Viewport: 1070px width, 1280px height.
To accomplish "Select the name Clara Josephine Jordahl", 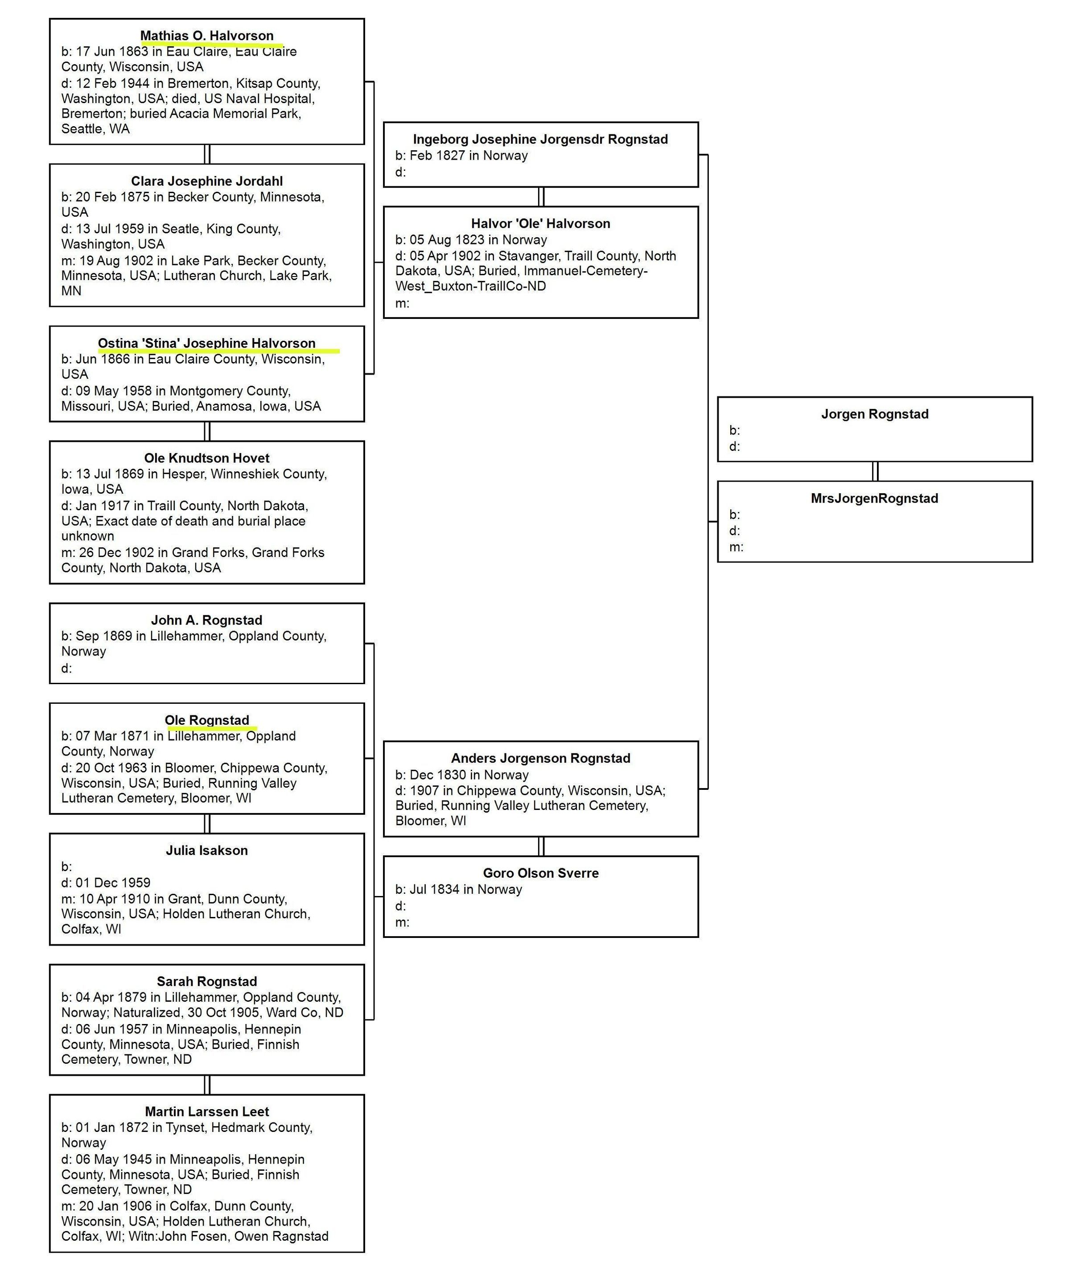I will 206,181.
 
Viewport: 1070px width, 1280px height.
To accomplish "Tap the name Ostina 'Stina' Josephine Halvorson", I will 206,343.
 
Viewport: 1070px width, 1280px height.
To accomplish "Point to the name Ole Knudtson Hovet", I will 206,458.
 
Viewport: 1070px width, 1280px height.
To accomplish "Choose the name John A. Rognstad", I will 206,620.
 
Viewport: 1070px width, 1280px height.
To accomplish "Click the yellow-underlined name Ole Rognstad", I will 206,720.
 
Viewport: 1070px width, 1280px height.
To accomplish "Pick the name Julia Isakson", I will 206,850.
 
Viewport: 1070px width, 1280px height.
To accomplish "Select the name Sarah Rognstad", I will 206,981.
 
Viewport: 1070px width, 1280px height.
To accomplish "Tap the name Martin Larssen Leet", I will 206,1111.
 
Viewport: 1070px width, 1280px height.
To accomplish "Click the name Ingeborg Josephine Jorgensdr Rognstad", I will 540,139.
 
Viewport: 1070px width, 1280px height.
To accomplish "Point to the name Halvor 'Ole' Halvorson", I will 540,223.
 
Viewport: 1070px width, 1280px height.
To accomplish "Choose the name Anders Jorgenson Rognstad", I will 540,758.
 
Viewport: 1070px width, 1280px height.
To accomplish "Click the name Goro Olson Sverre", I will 540,873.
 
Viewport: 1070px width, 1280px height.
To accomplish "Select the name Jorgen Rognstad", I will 874,414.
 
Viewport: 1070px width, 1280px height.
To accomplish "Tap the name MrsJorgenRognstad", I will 874,498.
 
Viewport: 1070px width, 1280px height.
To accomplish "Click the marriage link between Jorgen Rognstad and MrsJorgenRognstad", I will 875,471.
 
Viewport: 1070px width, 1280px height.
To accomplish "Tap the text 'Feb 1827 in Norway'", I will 468,155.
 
